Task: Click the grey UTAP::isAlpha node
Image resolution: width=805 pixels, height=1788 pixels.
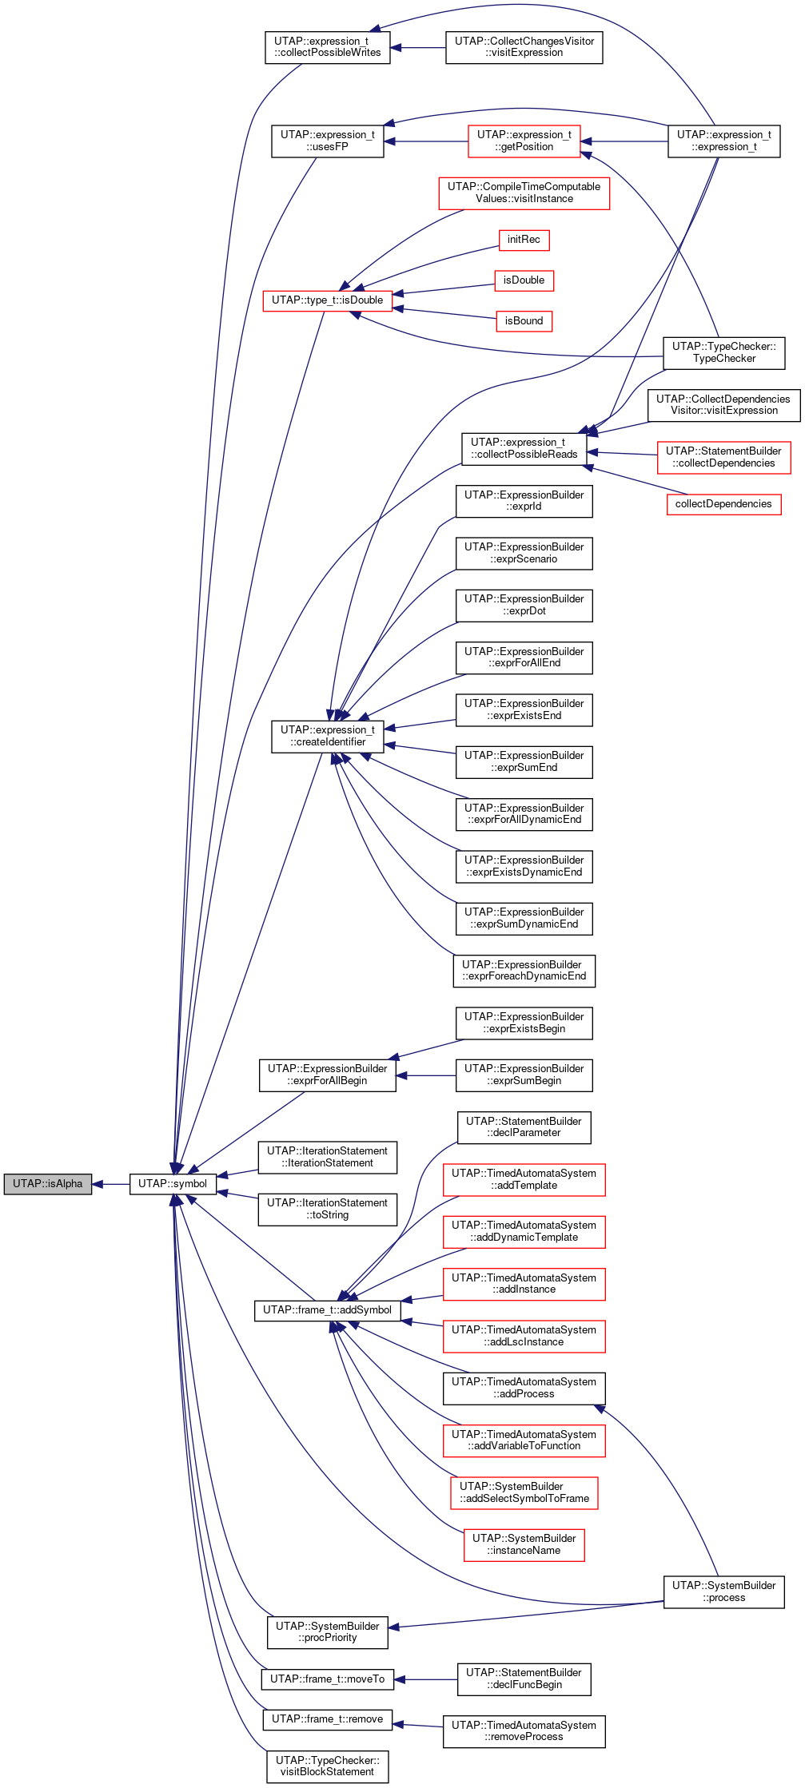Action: [x=48, y=1183]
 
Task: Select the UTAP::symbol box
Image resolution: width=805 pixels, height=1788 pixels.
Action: [x=173, y=1183]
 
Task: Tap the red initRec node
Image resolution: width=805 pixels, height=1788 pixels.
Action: [x=524, y=240]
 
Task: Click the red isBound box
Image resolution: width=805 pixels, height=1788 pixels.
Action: [x=524, y=321]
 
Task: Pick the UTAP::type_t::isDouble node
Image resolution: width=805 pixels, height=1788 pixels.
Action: [x=328, y=300]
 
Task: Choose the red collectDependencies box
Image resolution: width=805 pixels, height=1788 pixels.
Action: [x=723, y=504]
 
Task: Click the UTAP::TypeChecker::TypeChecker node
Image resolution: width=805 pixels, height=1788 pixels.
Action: [x=724, y=353]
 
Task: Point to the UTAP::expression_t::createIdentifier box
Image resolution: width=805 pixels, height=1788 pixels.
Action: [x=328, y=737]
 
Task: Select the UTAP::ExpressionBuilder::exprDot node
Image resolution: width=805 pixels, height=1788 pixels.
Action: [x=524, y=606]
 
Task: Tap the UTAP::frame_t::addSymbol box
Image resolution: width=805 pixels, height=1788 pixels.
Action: [x=328, y=1310]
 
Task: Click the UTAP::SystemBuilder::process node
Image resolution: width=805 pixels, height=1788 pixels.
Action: [x=724, y=1592]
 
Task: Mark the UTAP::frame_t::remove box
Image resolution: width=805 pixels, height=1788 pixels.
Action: [x=328, y=1719]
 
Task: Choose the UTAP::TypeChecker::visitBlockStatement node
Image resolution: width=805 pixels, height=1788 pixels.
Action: [x=328, y=1766]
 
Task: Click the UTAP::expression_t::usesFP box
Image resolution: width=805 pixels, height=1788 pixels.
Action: [x=328, y=141]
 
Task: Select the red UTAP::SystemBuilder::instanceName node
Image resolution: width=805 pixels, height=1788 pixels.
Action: [x=524, y=1545]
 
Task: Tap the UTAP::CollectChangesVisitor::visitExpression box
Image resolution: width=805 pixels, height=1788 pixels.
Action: [x=524, y=48]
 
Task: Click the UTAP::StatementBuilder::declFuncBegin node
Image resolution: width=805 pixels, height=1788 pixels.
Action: [x=524, y=1679]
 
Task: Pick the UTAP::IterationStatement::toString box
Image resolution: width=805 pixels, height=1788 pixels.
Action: [x=328, y=1210]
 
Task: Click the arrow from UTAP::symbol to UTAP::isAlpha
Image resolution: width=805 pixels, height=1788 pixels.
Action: [x=111, y=1183]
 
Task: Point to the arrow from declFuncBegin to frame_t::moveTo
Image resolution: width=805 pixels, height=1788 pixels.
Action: [x=425, y=1679]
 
